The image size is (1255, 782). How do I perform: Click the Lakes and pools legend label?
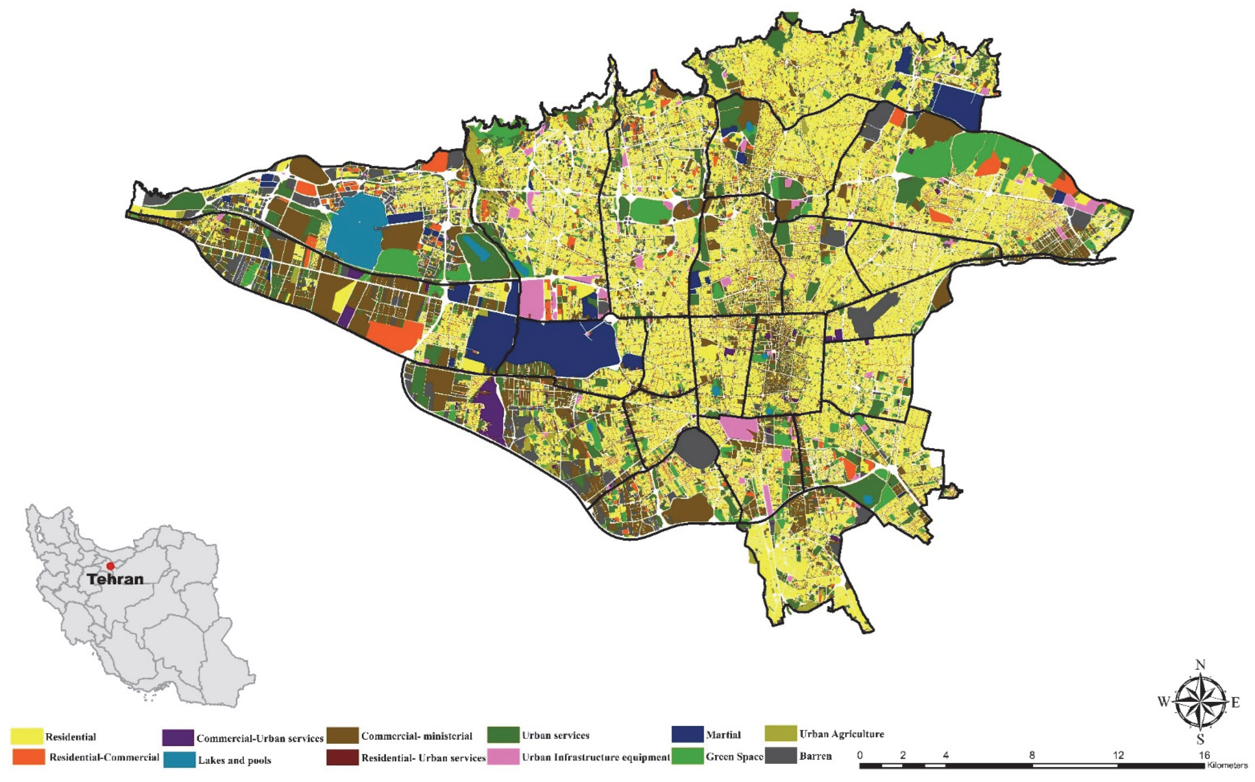[x=235, y=760]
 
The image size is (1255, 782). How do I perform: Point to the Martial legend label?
[x=723, y=735]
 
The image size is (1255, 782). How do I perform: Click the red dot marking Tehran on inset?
[x=110, y=566]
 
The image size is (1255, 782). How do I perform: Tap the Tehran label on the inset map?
[x=115, y=579]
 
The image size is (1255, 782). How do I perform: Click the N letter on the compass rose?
[x=1201, y=679]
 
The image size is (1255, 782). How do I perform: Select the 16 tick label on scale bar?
[x=1204, y=755]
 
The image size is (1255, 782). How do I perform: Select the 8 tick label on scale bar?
[x=1032, y=755]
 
